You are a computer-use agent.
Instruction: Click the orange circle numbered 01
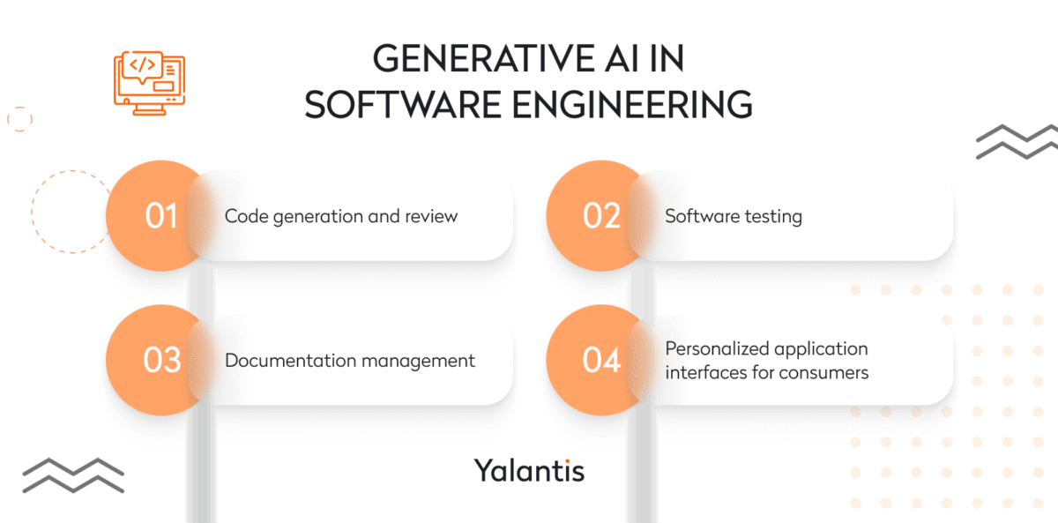tap(160, 215)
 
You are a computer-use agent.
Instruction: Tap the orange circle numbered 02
tap(601, 215)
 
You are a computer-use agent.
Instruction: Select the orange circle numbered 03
tap(160, 360)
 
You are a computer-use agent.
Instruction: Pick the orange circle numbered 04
tap(601, 360)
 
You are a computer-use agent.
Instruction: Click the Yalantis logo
tap(529, 469)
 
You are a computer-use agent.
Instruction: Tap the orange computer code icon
tap(149, 83)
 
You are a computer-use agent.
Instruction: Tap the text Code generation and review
tap(341, 216)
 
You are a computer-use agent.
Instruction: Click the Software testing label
tap(734, 216)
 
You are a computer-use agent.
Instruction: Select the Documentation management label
tap(350, 361)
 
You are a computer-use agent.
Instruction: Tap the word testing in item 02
tap(773, 216)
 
